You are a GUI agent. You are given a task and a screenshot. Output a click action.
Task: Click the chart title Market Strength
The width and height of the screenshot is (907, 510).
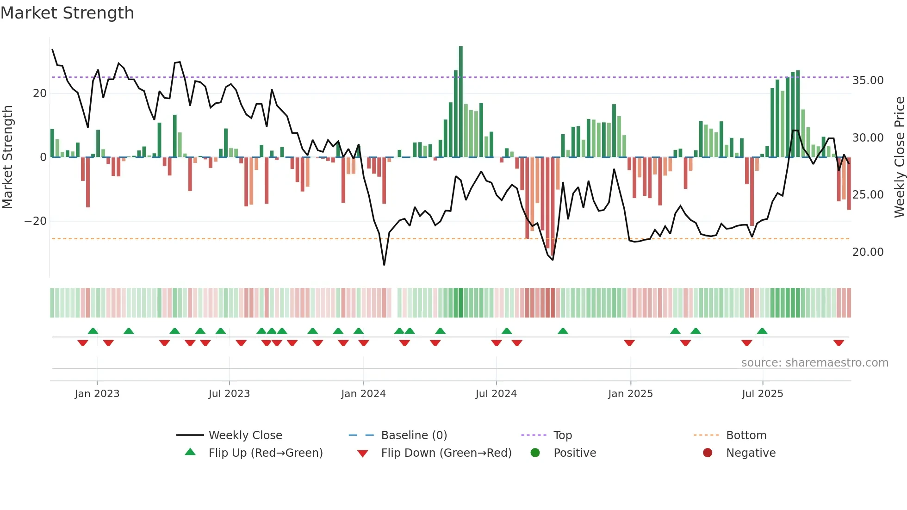(67, 13)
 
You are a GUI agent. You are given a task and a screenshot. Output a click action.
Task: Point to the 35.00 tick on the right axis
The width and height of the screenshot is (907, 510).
(868, 81)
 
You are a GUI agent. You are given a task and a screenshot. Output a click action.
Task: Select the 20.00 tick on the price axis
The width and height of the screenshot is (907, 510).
(868, 252)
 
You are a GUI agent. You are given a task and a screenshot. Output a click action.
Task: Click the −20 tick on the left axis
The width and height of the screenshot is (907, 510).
(36, 221)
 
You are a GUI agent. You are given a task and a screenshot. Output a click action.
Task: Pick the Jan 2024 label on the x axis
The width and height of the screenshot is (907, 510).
(363, 394)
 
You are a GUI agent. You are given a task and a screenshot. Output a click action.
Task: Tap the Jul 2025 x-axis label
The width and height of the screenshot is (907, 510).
(762, 394)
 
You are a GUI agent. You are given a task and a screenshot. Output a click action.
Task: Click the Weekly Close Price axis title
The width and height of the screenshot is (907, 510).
(899, 157)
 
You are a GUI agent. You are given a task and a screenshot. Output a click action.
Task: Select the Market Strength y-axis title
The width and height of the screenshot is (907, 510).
(7, 157)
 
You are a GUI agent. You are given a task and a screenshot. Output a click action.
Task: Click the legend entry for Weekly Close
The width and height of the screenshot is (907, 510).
(245, 435)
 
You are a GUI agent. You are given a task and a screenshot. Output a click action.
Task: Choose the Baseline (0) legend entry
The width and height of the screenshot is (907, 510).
(414, 435)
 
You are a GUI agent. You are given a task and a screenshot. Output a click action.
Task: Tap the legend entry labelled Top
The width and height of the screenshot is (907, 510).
(562, 435)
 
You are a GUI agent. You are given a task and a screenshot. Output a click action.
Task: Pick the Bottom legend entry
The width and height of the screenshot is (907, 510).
(746, 435)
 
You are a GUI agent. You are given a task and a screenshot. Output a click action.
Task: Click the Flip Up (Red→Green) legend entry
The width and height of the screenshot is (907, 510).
(265, 453)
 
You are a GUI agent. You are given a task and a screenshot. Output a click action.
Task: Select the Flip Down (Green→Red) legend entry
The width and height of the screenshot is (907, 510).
(446, 453)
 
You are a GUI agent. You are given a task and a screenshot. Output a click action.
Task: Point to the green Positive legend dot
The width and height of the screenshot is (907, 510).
(535, 453)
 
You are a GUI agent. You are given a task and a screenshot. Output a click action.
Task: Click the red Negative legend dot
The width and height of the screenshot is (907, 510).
(708, 453)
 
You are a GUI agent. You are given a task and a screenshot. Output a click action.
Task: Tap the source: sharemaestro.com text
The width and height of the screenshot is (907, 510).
(814, 363)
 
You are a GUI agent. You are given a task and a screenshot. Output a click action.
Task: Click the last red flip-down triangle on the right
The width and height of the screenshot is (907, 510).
(839, 343)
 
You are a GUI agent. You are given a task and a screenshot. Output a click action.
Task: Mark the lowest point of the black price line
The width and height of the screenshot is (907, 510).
(384, 265)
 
